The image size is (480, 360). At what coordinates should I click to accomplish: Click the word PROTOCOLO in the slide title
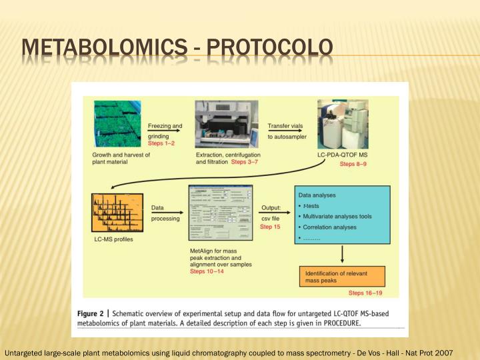269,48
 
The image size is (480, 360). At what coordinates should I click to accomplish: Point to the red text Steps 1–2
161,144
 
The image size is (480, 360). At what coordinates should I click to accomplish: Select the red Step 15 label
270,227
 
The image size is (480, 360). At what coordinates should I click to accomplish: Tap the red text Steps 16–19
365,293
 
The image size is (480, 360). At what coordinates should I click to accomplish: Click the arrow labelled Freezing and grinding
165,131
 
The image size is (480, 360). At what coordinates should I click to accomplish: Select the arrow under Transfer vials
285,131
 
